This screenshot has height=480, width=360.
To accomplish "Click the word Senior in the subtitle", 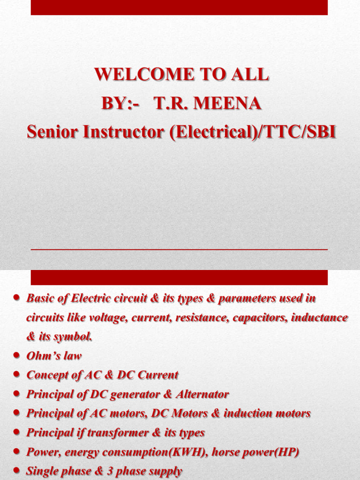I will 52,132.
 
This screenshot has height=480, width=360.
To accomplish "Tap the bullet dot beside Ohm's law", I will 17,355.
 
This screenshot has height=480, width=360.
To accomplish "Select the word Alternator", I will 202,394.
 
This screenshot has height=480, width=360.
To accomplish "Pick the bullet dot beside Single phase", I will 17,471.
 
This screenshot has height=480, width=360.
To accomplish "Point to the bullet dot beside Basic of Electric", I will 17,298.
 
